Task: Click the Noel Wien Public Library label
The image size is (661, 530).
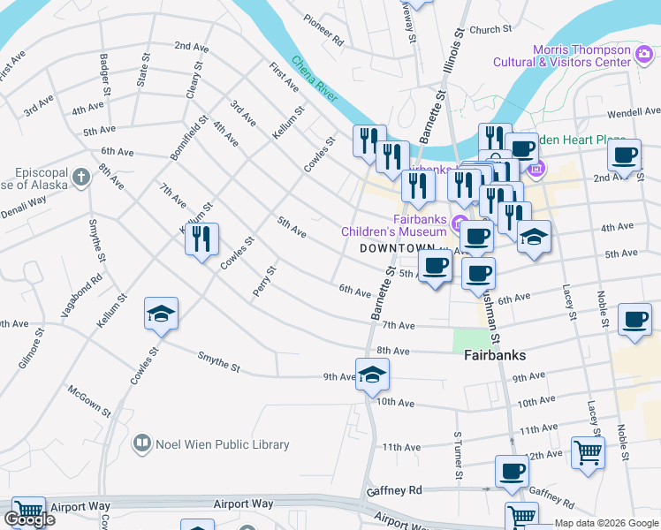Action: (x=222, y=444)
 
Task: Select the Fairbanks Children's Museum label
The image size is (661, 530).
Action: (x=395, y=225)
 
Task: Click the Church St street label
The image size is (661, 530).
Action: (x=490, y=29)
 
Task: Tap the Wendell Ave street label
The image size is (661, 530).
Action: (x=634, y=113)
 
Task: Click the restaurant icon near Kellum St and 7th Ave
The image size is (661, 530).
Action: (x=202, y=238)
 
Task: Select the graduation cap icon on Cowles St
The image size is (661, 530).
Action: (x=161, y=314)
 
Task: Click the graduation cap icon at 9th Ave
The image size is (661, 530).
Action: (x=372, y=374)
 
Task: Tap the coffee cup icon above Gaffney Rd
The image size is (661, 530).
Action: (x=512, y=471)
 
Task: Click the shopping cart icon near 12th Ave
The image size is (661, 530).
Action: (x=588, y=452)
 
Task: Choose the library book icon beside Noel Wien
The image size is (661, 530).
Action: (x=141, y=443)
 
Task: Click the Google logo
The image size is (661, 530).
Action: (x=29, y=519)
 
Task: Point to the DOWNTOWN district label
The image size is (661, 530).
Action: (x=398, y=249)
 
